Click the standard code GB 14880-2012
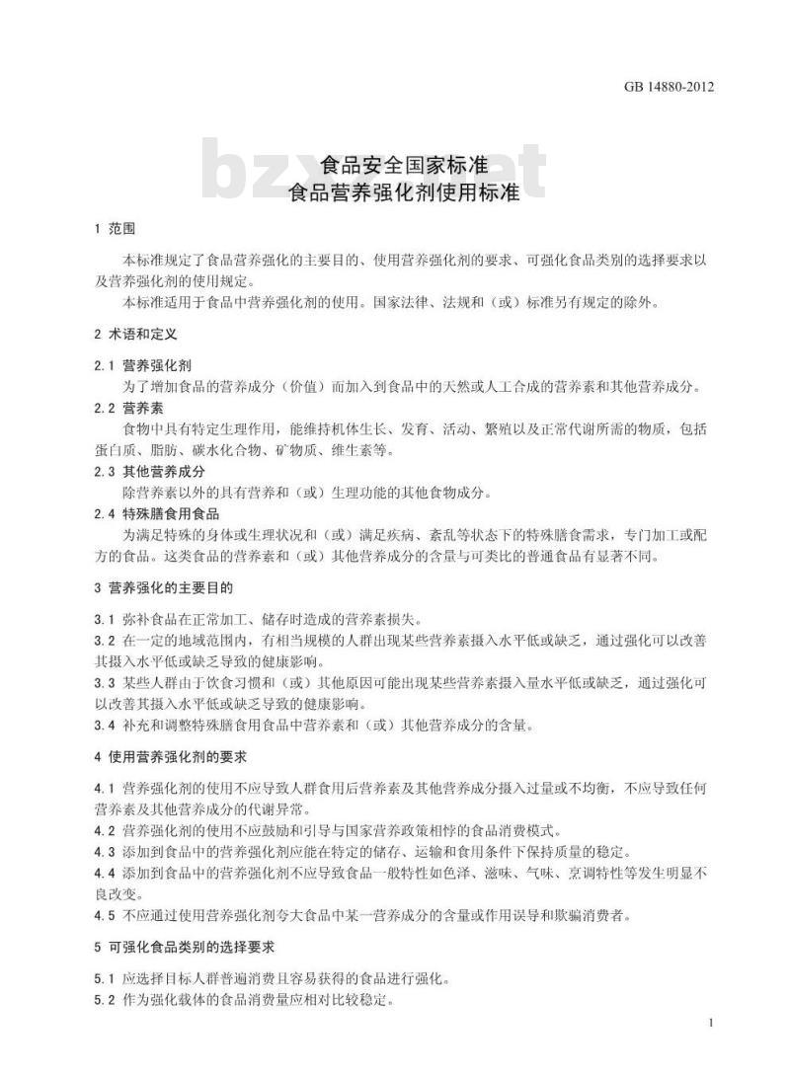coord(669,87)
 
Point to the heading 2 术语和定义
coord(135,336)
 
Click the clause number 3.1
coord(105,620)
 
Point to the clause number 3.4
coord(105,726)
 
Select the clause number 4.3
coord(105,852)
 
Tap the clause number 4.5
coord(105,915)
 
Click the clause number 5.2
coord(105,1000)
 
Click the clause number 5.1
coord(105,979)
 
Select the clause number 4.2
coord(105,830)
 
